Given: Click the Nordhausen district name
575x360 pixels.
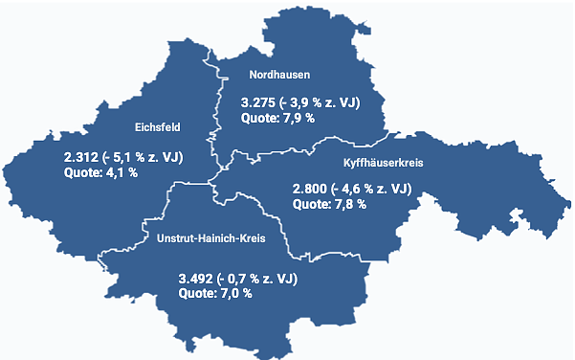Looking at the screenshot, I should (279, 74).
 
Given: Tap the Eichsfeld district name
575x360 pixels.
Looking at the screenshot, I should (158, 127).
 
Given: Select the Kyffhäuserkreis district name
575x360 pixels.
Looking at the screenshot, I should (383, 163).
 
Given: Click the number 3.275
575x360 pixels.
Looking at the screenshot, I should (257, 102).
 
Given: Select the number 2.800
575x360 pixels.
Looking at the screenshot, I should (309, 189).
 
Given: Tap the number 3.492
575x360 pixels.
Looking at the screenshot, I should (196, 279).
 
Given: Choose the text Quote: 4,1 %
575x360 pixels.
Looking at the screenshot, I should (100, 172).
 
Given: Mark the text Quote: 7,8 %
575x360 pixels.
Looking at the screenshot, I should (328, 205).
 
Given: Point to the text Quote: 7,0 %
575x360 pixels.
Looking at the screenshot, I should (215, 294).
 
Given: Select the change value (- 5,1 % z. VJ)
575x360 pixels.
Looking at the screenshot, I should (142, 156).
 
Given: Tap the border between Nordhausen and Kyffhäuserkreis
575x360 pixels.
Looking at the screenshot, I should (287, 151).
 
